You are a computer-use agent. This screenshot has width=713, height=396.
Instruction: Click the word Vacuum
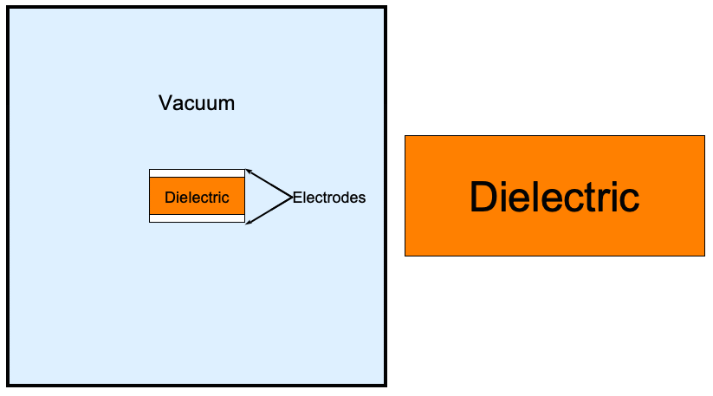(x=197, y=103)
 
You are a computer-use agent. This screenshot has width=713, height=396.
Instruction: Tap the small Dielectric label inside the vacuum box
(x=197, y=198)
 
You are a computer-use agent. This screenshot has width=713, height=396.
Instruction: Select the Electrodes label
(x=329, y=198)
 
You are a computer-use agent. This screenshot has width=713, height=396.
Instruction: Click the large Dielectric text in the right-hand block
(x=554, y=197)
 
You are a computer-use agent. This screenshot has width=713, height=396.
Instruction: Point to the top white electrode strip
(x=197, y=173)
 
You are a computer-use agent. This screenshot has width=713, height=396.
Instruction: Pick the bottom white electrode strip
(x=197, y=218)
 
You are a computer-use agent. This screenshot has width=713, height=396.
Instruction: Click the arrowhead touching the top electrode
(x=249, y=172)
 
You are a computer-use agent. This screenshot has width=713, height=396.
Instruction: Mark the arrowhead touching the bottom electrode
(x=249, y=222)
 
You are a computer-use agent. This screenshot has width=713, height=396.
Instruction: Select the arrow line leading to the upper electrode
(x=269, y=183)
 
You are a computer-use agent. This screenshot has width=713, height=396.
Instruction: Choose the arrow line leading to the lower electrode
(x=269, y=211)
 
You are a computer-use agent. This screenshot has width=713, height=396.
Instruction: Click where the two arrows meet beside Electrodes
(x=292, y=198)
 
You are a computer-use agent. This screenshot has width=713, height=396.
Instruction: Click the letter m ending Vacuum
(x=227, y=105)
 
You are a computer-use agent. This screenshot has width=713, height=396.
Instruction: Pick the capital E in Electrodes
(x=297, y=198)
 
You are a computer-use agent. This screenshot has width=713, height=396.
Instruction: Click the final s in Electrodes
(x=362, y=199)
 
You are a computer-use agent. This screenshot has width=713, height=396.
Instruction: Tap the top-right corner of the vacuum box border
(x=386, y=7)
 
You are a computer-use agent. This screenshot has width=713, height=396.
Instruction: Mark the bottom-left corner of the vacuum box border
(x=8, y=385)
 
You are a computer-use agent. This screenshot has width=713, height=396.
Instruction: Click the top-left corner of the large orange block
(x=405, y=135)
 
